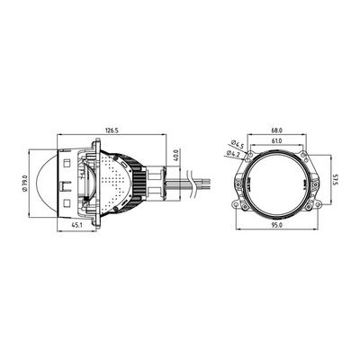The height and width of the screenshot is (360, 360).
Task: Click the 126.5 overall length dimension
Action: [x=112, y=130]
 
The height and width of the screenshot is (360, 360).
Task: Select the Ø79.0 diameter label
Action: [x=25, y=183]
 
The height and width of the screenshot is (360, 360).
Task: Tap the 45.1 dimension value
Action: [x=76, y=225]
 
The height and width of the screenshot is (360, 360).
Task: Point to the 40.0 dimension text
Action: [x=175, y=155]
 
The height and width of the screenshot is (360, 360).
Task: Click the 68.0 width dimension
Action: [x=277, y=130]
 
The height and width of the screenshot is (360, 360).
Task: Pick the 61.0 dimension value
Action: [x=277, y=140]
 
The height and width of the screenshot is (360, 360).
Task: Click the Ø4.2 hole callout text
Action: [x=232, y=154]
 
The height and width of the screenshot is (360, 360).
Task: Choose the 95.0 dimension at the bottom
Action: [x=277, y=225]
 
